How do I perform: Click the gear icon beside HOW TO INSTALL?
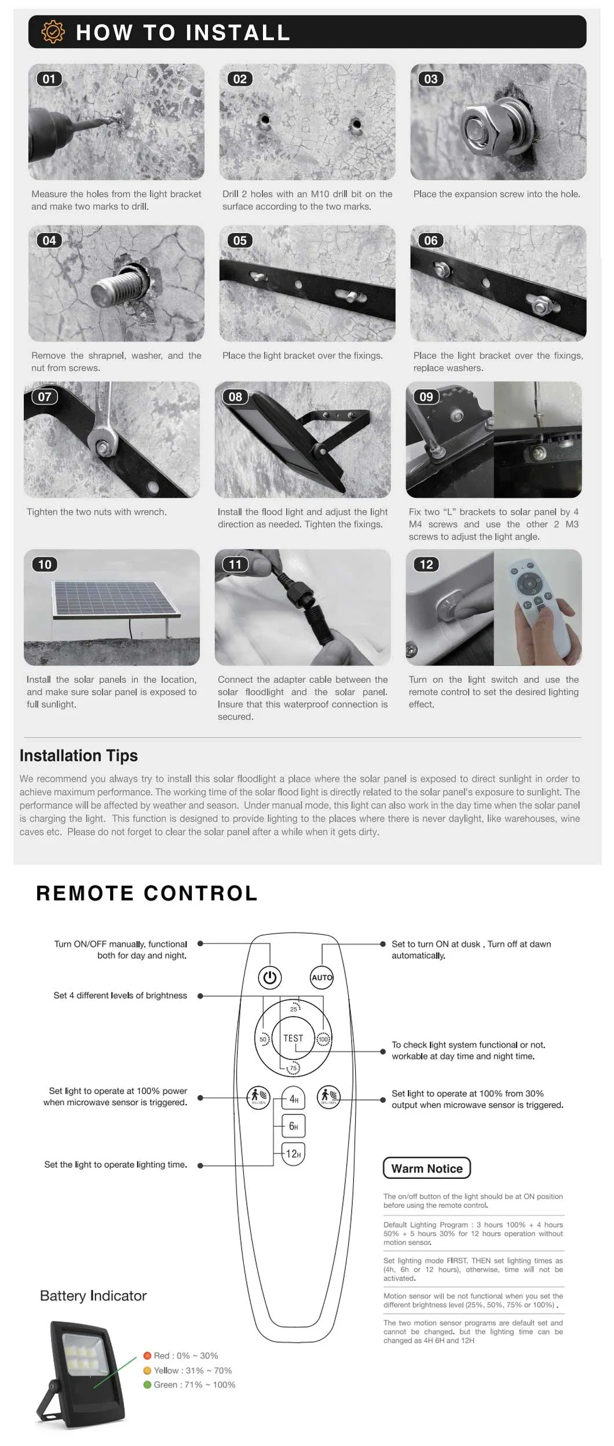(53, 32)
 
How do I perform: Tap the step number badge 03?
(430, 79)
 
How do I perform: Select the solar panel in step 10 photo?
(115, 599)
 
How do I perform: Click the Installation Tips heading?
(79, 756)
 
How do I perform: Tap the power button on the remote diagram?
(269, 978)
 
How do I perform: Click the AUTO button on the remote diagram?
(322, 978)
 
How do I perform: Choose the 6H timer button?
(294, 1127)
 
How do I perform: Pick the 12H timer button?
(294, 1154)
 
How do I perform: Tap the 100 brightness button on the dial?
(323, 1040)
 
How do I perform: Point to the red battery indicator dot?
(147, 1356)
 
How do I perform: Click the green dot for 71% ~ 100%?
(147, 1385)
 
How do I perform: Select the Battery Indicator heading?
(93, 1296)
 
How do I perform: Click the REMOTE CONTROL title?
(147, 894)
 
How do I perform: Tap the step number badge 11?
(235, 564)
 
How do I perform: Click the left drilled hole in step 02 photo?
(265, 120)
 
